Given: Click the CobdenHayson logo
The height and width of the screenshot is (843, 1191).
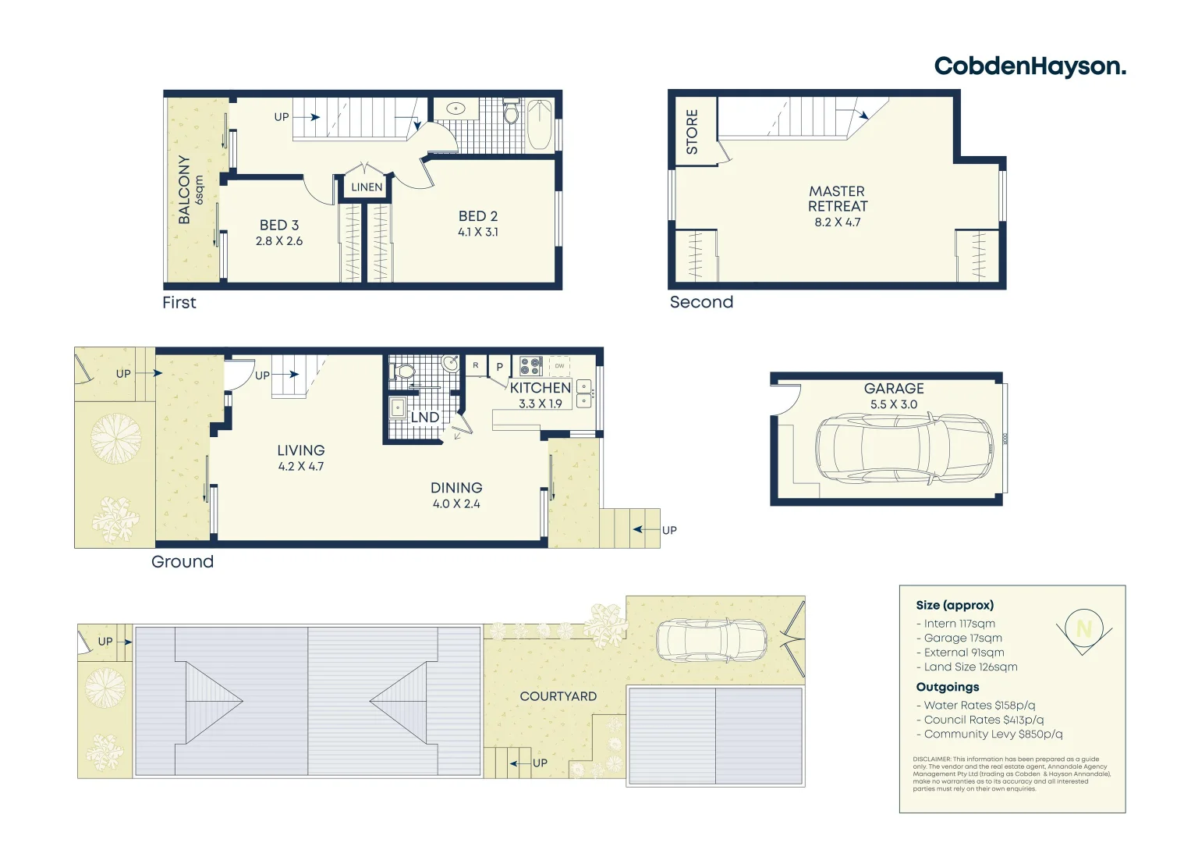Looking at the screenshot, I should click(x=1030, y=66).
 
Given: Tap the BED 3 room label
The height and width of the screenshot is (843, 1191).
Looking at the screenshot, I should click(x=279, y=225).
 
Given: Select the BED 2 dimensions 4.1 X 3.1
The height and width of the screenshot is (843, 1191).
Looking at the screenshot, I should click(x=478, y=232).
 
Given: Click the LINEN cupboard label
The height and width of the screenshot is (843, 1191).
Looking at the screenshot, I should click(x=367, y=187).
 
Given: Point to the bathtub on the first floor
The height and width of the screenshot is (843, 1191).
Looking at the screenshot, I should click(x=540, y=125).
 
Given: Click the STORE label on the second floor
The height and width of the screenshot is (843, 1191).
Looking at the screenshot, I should click(x=692, y=131).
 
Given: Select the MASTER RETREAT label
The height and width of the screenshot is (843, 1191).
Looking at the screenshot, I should click(x=837, y=199).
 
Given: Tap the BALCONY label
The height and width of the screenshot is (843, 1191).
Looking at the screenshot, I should click(x=185, y=189).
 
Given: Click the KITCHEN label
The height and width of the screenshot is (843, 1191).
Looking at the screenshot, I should click(x=541, y=388).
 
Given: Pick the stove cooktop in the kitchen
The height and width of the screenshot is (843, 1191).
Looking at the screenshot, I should click(x=531, y=366).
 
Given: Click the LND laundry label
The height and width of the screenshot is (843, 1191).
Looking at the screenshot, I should click(x=425, y=418).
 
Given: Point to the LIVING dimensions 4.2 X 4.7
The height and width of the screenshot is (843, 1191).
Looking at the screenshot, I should click(x=301, y=467).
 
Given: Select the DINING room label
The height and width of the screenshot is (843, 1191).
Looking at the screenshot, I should click(x=456, y=488).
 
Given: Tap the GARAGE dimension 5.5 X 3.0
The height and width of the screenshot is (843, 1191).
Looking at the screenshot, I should click(x=894, y=404).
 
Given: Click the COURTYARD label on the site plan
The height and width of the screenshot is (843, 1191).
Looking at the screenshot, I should click(x=558, y=696).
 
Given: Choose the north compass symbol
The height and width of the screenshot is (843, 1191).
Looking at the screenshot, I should click(x=1083, y=629).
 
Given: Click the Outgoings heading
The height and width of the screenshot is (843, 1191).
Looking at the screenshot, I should click(x=948, y=687).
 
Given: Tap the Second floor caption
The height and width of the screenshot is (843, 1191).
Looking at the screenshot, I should click(x=701, y=302).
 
